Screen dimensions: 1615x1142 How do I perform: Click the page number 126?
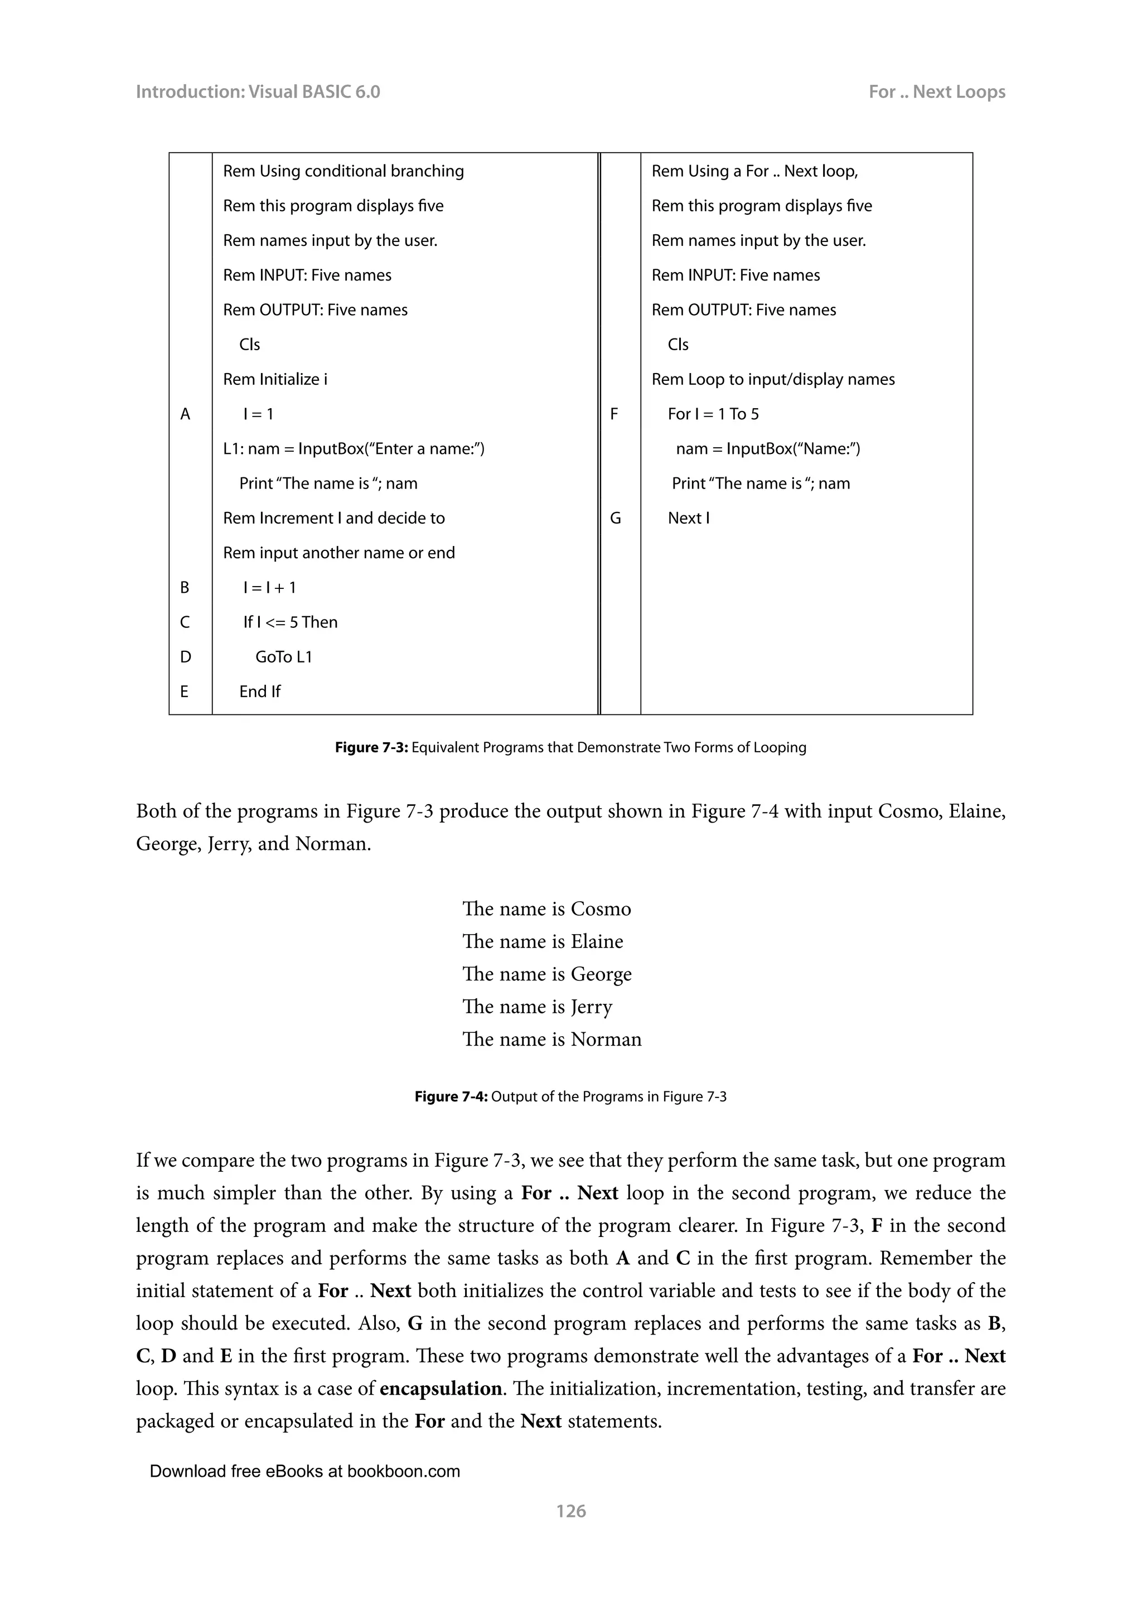570,1510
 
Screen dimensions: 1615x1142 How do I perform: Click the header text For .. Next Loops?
936,91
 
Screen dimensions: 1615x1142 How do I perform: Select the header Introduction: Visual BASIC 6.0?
258,91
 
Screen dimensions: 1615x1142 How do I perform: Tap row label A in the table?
185,414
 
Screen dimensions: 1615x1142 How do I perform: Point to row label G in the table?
615,519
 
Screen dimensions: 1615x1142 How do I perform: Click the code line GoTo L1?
283,657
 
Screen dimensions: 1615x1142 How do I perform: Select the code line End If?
259,692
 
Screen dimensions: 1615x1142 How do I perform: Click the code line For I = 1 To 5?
713,414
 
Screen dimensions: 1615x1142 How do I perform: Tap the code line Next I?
689,519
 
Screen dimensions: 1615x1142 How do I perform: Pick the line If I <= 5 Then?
290,622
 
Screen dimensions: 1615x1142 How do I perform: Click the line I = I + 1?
269,587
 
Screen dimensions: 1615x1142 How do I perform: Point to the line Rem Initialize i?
275,380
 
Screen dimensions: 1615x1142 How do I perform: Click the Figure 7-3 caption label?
371,748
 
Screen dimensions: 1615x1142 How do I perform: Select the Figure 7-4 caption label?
451,1096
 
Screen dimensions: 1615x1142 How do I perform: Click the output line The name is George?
546,974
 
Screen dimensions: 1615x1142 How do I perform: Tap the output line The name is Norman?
551,1039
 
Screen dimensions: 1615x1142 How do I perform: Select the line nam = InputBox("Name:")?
767,449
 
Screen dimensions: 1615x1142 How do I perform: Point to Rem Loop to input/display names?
773,380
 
